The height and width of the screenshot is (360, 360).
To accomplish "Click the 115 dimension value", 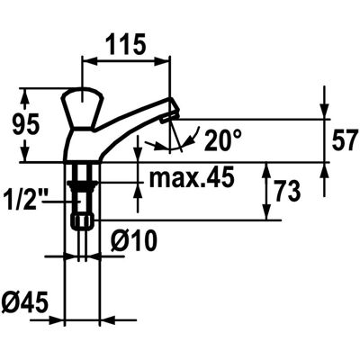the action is (126, 44).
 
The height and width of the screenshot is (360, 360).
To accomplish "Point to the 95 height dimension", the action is (26, 125).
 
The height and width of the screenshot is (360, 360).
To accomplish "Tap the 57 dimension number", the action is (345, 140).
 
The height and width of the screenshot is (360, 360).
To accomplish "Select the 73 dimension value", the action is (287, 191).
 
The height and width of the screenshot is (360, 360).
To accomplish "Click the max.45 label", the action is (192, 178).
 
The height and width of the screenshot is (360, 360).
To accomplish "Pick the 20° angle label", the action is (222, 141).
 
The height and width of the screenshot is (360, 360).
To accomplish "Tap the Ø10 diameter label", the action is (134, 241).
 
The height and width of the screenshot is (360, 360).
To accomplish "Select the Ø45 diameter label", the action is (24, 302).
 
